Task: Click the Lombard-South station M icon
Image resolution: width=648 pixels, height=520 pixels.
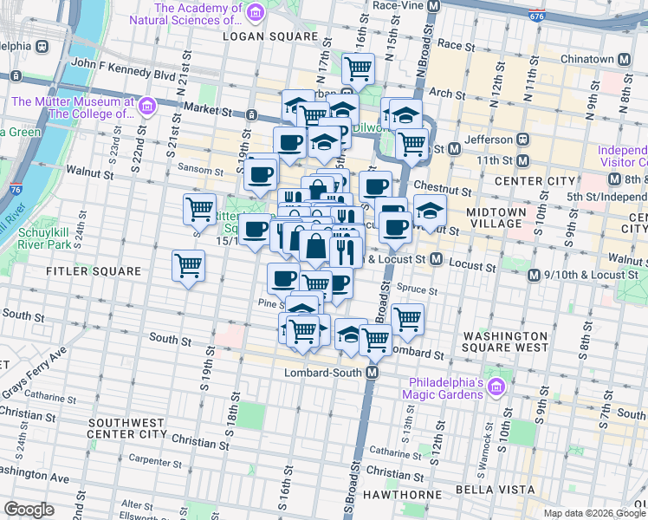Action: pos(373,372)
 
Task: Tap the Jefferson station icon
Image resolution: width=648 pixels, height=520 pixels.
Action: pos(523,139)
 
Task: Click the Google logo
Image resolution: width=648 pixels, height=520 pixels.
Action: pos(29,510)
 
